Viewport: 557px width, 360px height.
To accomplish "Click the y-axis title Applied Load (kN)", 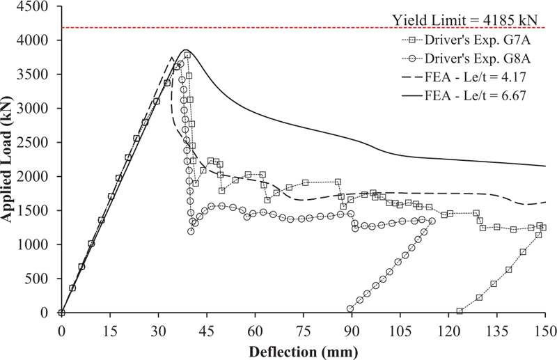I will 12,159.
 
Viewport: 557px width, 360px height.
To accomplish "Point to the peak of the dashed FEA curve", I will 172,58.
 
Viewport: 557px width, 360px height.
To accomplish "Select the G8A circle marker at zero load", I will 350,308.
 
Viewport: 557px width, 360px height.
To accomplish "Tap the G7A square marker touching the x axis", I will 460,311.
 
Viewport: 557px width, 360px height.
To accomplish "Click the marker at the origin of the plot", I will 61,313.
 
